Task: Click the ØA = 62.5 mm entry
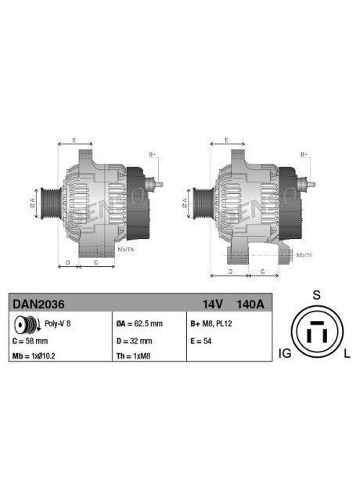139,323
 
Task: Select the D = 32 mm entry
133,341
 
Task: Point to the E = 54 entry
200,341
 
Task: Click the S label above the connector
316,295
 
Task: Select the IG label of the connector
284,355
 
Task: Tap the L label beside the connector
347,355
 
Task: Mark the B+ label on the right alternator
304,155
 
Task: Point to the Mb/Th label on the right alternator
304,255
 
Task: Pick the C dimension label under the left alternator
95,263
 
